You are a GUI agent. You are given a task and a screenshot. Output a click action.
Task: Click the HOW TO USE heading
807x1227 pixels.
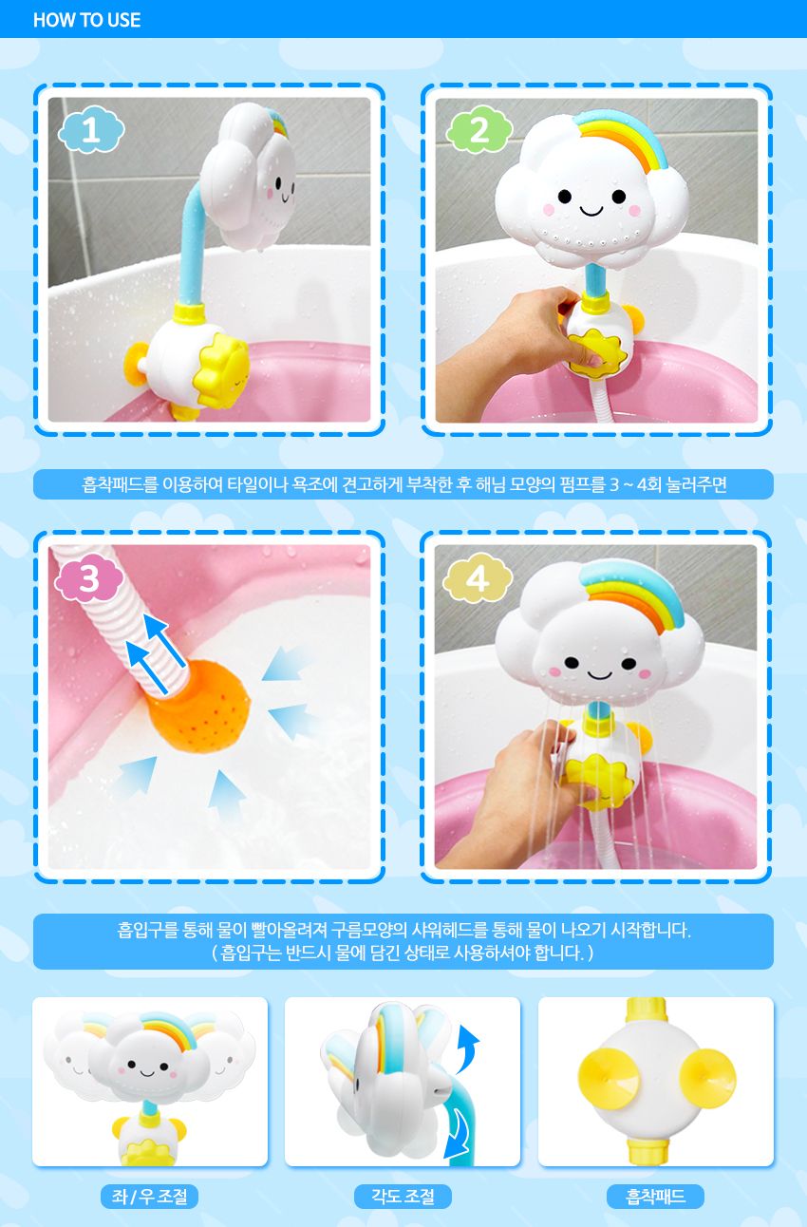click(x=86, y=20)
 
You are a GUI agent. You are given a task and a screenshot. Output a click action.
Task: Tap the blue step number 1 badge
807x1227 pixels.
click(x=91, y=130)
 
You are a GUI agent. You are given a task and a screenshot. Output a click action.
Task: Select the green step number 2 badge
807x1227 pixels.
click(x=479, y=130)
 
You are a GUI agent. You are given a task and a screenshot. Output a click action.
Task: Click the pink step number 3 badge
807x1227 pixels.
click(x=88, y=577)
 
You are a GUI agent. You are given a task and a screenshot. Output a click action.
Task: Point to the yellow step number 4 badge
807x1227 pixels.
click(x=478, y=578)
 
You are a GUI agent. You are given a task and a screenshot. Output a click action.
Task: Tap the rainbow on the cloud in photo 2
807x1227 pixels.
click(x=624, y=139)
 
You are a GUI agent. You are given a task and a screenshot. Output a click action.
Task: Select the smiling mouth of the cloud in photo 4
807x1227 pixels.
click(x=599, y=674)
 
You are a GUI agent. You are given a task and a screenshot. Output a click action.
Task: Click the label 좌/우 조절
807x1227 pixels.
click(x=149, y=1197)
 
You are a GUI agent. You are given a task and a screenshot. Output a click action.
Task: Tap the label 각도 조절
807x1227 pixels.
click(x=403, y=1197)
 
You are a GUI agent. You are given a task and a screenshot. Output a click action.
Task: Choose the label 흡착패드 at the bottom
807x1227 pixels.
click(x=655, y=1197)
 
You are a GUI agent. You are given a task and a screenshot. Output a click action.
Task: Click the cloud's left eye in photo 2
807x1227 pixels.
click(x=565, y=196)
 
